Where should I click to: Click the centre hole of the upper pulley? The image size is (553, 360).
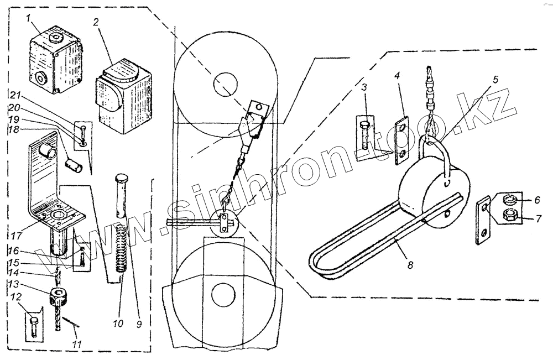point(225,82)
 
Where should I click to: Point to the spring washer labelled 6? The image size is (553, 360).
point(510,199)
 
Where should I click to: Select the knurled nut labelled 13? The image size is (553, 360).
point(58,296)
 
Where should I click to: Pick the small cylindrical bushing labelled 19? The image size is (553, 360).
point(73,164)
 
